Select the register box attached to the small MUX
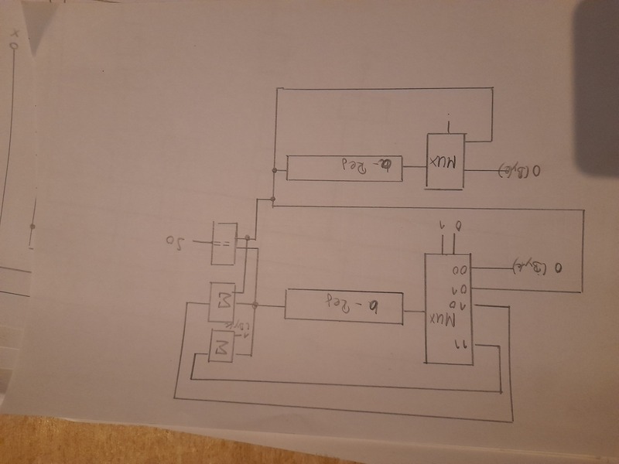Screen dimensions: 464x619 click(x=345, y=168)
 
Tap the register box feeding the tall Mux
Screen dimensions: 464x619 click(x=344, y=307)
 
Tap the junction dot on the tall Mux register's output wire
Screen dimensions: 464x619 click(x=256, y=305)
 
